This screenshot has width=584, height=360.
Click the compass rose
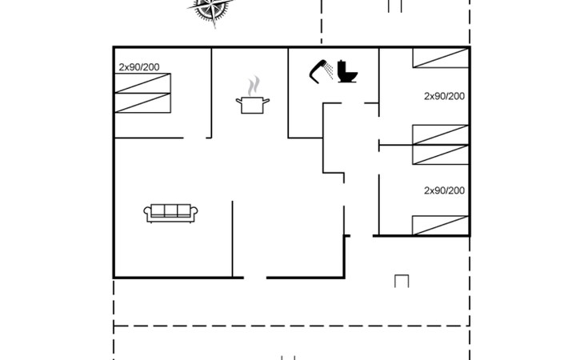(x=211, y=8)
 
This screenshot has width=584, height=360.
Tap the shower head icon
(x=320, y=70)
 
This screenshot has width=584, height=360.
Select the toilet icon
(x=347, y=71)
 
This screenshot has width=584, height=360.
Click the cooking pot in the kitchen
(x=253, y=106)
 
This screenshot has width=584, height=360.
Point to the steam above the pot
(x=254, y=86)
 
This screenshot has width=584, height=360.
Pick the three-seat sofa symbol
(x=170, y=214)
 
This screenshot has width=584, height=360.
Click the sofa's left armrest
(x=148, y=214)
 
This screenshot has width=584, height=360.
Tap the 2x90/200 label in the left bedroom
(x=139, y=67)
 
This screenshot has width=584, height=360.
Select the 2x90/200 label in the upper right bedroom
(x=444, y=96)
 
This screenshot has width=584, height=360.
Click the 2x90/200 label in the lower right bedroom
(x=444, y=190)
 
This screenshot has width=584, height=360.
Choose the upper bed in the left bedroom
(x=142, y=83)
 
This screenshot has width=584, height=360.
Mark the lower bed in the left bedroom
(x=142, y=103)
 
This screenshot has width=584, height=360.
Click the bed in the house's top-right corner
(x=441, y=58)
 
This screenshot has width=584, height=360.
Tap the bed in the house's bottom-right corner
(x=441, y=226)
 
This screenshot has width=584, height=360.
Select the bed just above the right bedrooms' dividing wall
(x=441, y=134)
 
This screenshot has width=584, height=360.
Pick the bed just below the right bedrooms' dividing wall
(x=441, y=154)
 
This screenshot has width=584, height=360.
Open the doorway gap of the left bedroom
(x=194, y=138)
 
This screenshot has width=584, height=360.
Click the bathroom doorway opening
(x=353, y=103)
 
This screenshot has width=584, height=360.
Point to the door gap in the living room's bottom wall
(x=255, y=278)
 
